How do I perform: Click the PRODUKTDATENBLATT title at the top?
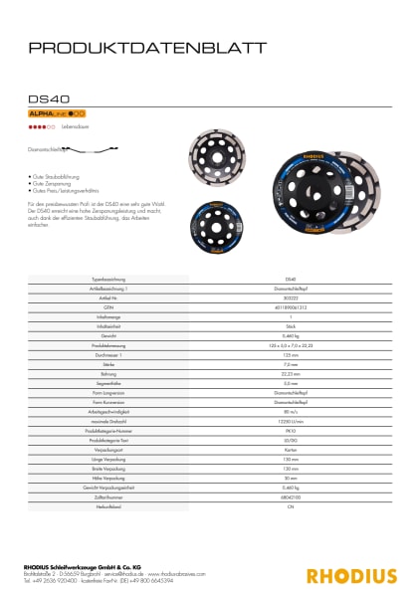(x=146, y=47)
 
